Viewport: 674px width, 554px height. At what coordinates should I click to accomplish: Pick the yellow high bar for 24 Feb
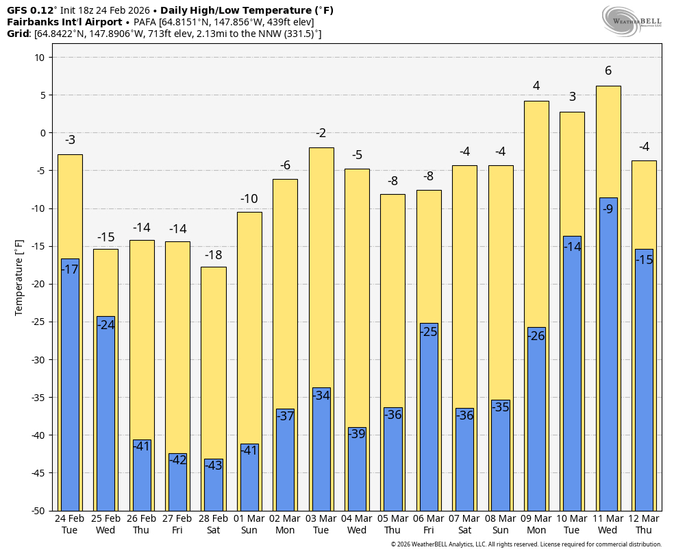pyautogui.click(x=70, y=206)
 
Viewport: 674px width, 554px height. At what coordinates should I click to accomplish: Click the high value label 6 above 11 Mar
pyautogui.click(x=608, y=71)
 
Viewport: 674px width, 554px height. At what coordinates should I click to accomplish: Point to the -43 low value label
pyautogui.click(x=214, y=465)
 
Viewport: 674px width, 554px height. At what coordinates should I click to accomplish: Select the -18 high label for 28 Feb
pyautogui.click(x=213, y=255)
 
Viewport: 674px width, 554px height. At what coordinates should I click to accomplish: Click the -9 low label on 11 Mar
pyautogui.click(x=608, y=209)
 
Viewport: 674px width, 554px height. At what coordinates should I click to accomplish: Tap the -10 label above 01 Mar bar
pyautogui.click(x=249, y=199)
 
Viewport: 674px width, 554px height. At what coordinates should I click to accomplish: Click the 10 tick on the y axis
pyautogui.click(x=38, y=58)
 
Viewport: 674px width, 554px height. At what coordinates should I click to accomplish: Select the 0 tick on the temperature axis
pyautogui.click(x=42, y=133)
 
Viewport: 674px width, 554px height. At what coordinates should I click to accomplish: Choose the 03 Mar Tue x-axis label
pyautogui.click(x=321, y=524)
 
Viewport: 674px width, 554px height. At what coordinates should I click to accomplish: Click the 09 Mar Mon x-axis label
pyautogui.click(x=536, y=524)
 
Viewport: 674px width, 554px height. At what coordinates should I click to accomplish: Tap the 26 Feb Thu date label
pyautogui.click(x=142, y=524)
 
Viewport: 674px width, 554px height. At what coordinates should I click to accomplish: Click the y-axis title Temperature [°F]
pyautogui.click(x=19, y=277)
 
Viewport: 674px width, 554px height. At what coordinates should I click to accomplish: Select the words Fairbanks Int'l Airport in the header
pyautogui.click(x=64, y=22)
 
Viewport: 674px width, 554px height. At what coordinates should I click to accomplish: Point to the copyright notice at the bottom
pyautogui.click(x=526, y=544)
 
